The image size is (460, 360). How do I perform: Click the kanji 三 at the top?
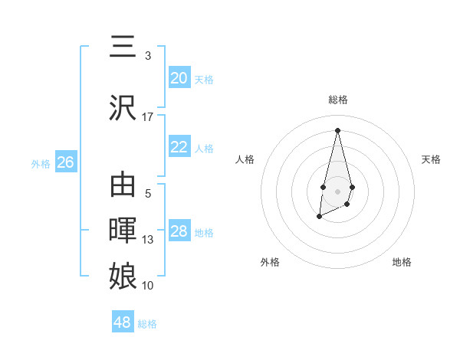pos(123,47)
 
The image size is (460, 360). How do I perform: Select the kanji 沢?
pos(123,107)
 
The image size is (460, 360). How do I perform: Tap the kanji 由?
pos(123,185)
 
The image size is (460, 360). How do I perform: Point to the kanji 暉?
pos(123,230)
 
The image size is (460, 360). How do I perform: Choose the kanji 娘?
pos(123,275)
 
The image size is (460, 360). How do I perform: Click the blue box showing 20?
pos(179,78)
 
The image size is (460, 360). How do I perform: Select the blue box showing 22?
pos(179,147)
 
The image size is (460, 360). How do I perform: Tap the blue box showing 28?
pos(179,231)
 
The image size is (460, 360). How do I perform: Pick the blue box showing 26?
pos(65,162)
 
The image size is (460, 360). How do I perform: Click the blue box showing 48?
pos(122,322)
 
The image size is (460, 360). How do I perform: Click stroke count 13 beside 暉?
pos(148,240)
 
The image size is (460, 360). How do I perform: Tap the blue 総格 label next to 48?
pos(147,324)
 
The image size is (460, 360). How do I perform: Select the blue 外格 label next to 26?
pos(41,163)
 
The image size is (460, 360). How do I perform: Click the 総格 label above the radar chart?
pos(337,100)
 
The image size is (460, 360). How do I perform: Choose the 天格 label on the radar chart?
pos(431,159)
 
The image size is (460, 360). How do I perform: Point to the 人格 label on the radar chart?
pos(245,159)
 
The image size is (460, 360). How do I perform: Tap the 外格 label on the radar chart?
pos(270,262)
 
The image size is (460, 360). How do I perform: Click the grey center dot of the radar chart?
pos(337,190)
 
